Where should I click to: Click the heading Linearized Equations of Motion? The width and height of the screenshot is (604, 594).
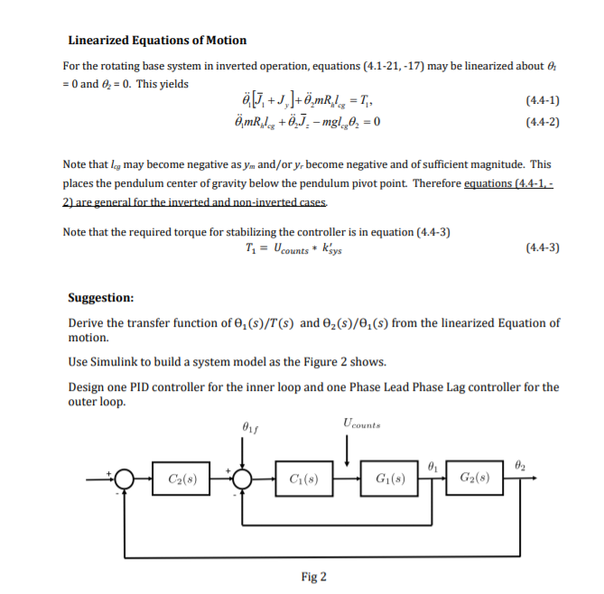(x=157, y=40)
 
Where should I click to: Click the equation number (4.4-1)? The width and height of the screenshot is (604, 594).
(x=541, y=100)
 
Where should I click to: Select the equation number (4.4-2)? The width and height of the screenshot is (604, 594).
(x=541, y=122)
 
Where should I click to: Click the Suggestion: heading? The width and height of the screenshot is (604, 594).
(x=101, y=297)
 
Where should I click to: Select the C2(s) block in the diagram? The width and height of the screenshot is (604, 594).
(x=178, y=477)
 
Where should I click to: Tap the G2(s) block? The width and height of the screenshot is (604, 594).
(x=476, y=477)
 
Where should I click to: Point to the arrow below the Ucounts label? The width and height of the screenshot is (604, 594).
(x=348, y=447)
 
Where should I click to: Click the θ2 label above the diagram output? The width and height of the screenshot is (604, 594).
(x=517, y=463)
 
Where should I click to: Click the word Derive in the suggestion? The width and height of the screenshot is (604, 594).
(x=87, y=322)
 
